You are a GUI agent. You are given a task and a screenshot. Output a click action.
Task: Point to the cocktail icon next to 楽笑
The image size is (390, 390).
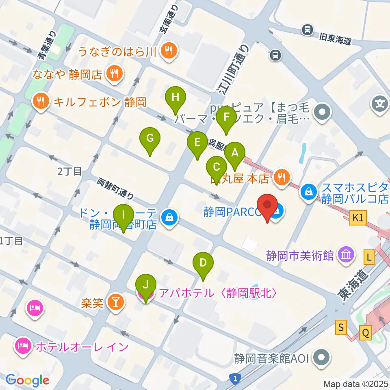pos(115,303)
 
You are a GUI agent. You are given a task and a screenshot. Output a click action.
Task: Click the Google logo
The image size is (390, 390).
pos(27,380)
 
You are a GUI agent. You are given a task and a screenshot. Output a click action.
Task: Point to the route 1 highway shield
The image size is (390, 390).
pos(235,379)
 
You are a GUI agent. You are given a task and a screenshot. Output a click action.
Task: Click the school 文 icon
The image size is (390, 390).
pos(380,104)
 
